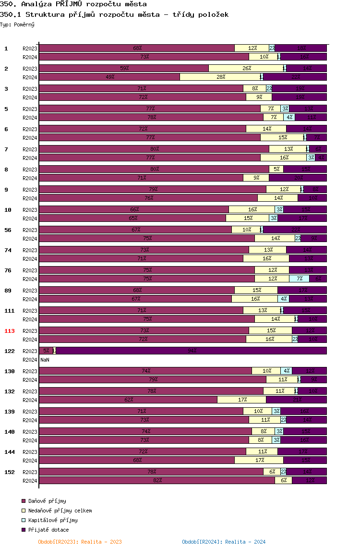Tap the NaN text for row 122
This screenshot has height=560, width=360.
(45, 360)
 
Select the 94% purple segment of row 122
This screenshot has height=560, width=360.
(192, 351)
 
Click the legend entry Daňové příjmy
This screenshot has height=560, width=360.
(47, 501)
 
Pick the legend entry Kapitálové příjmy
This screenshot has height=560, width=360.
(53, 520)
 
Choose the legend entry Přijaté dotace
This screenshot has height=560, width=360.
(48, 530)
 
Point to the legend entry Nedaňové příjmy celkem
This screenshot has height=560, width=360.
(60, 511)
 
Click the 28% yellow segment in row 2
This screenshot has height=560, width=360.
(220, 77)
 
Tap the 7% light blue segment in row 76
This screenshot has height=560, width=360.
(299, 279)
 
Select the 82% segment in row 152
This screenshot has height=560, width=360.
(157, 481)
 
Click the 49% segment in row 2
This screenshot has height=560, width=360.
(109, 77)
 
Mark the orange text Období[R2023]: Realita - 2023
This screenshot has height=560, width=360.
(80, 542)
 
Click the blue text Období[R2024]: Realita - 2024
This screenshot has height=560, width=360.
(224, 542)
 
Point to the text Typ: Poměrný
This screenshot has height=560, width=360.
(17, 24)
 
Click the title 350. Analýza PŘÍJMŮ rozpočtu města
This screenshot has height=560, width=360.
(73, 4)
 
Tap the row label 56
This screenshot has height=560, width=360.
(8, 230)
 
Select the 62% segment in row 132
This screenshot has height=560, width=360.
(128, 400)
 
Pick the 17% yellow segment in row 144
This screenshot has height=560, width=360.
(259, 461)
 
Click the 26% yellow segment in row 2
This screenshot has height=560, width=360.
(246, 68)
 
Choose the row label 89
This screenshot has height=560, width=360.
(8, 291)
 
